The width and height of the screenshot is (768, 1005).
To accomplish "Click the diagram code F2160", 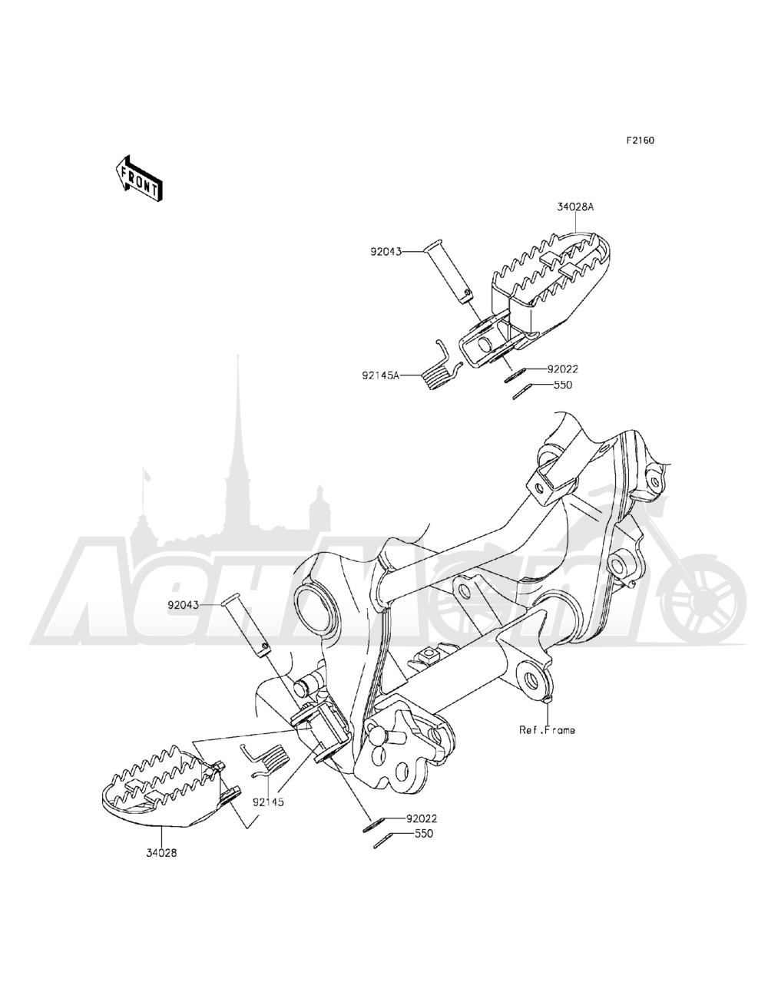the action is coord(641,140).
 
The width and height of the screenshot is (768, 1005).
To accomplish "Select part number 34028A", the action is coord(575,207).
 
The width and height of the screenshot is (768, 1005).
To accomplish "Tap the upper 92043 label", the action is coord(386,251).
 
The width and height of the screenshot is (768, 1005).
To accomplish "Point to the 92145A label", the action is coord(381,376).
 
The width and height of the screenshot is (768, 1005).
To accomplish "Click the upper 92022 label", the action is coord(563,369).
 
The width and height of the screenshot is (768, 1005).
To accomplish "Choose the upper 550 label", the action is coord(563,385).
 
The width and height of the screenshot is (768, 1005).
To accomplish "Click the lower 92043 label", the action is coord(184,605).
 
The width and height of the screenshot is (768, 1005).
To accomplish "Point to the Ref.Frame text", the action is coord(548,730).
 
